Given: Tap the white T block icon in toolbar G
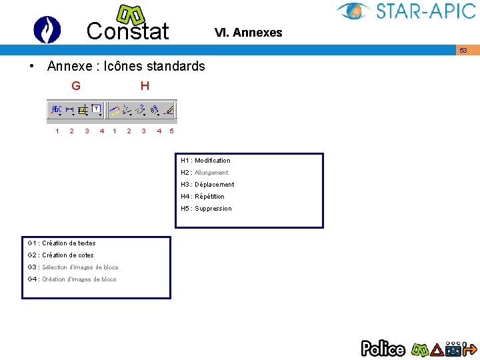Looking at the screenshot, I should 97,108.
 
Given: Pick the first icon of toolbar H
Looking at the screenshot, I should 115,109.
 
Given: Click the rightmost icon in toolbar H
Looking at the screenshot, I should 170,109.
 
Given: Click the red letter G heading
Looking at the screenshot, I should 76,86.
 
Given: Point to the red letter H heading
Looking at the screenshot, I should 145,86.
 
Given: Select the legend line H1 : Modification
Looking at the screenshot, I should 205,161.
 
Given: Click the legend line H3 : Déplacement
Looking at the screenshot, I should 207,185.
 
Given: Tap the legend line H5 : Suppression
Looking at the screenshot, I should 206,209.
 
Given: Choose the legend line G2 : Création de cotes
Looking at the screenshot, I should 61,255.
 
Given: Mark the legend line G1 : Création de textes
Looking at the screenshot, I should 61,243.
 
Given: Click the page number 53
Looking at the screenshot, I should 463,51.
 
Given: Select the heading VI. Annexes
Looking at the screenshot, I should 248,33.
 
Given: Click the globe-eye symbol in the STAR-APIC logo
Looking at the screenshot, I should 354,11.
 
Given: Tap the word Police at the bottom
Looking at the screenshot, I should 383,348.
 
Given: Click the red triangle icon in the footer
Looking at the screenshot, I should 437,349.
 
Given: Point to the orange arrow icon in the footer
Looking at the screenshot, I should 470,348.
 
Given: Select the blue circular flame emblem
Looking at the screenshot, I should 47,30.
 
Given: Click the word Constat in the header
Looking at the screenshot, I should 128,31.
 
